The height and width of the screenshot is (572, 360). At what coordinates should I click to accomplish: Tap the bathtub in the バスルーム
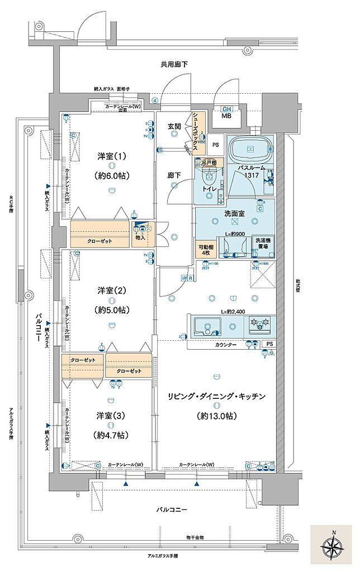(249, 150)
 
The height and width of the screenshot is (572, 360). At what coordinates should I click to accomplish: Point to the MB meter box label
(227, 116)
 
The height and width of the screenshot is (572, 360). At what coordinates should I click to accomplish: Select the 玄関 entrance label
(174, 127)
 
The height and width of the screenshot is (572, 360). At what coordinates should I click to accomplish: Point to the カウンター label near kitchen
(226, 345)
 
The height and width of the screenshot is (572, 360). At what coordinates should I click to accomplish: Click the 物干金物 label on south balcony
(195, 537)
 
